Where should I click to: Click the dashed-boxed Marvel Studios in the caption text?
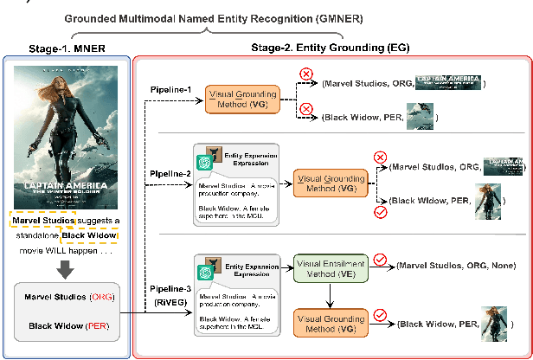(43, 220)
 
